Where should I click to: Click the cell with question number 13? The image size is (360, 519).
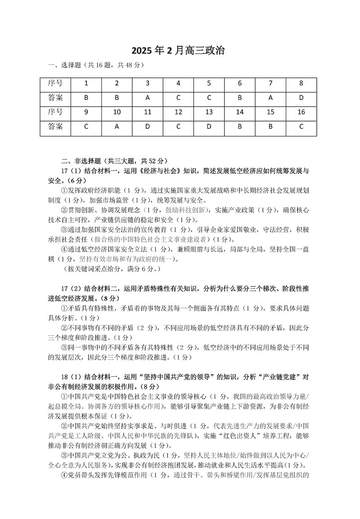(x=209, y=112)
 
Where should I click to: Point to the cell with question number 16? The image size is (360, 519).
(x=301, y=112)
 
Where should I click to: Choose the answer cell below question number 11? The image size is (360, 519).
(x=148, y=127)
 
